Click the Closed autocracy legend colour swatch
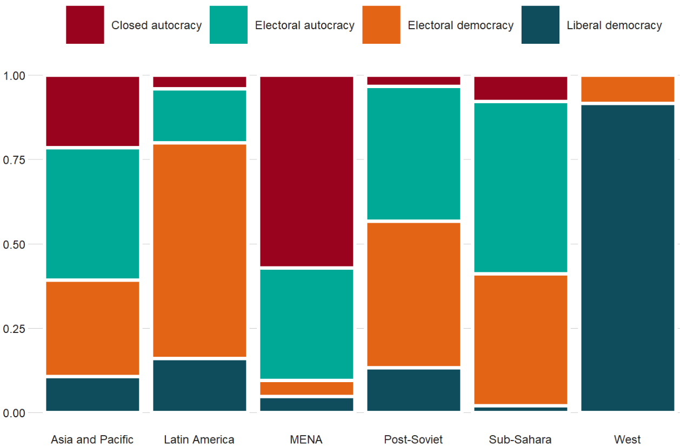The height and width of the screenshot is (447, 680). click(x=85, y=25)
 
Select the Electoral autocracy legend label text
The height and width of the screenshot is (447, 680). click(x=304, y=25)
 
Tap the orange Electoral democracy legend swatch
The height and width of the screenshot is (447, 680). click(x=381, y=25)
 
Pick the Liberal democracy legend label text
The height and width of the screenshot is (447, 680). click(x=614, y=25)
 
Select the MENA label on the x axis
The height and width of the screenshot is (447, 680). click(x=306, y=439)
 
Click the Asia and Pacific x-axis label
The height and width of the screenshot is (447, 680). click(x=92, y=439)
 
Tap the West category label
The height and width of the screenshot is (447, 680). click(x=627, y=439)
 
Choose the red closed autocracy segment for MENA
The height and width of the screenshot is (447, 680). click(x=306, y=171)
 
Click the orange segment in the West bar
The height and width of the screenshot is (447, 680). click(x=628, y=89)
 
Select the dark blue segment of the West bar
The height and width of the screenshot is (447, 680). click(x=628, y=258)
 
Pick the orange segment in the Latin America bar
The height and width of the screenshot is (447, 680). click(x=199, y=250)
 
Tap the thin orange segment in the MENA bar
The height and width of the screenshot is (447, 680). click(x=306, y=388)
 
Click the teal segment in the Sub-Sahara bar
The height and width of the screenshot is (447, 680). click(x=521, y=187)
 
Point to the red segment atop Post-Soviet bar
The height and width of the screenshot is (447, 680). click(x=414, y=81)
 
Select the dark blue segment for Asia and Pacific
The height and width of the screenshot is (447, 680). click(x=92, y=394)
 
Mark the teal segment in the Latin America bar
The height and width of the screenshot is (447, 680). click(x=199, y=115)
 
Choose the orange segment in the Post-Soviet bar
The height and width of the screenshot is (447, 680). click(x=414, y=294)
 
